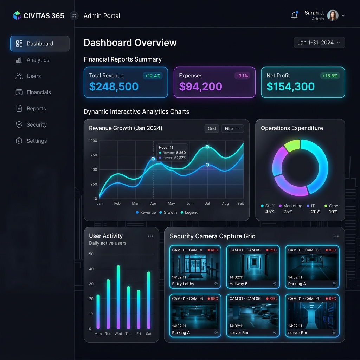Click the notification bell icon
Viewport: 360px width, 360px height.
[x=295, y=15]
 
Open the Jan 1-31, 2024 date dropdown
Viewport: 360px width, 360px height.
[x=319, y=43]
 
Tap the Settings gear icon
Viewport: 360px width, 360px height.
[x=19, y=141]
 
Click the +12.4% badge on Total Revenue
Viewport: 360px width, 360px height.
[x=153, y=76]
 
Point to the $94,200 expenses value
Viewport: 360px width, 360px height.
[x=200, y=86]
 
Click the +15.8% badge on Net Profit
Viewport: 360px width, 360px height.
[x=330, y=76]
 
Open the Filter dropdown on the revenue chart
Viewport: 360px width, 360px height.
[x=232, y=129]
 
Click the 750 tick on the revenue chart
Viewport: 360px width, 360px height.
[x=94, y=155]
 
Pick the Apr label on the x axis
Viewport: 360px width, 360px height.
[x=153, y=203]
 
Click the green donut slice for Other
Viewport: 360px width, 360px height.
[x=292, y=146]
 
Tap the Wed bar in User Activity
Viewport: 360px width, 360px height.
[x=118, y=297]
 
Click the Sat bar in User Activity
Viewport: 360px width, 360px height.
[x=149, y=300]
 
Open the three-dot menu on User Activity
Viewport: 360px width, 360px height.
[x=150, y=236]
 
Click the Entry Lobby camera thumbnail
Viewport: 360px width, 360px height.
[x=195, y=267]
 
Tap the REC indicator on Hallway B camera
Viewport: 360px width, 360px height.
[x=271, y=250]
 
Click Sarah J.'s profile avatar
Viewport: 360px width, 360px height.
[x=333, y=15]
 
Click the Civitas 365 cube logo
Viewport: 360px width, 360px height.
[x=17, y=15]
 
